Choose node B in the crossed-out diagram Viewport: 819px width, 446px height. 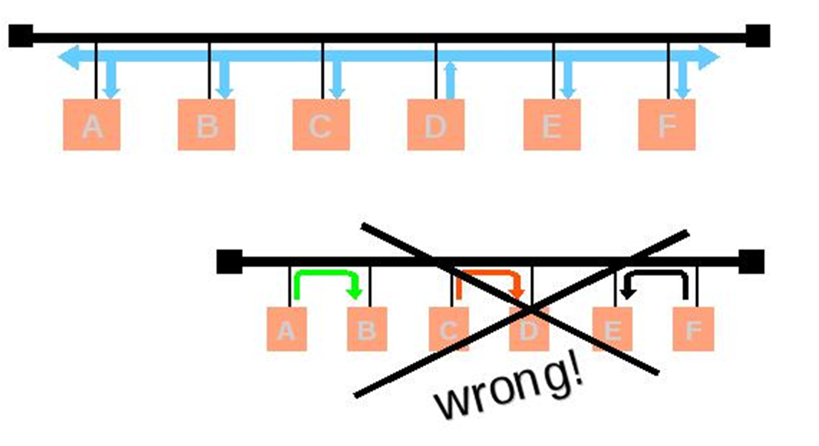click(367, 329)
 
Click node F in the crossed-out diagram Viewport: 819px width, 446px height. click(693, 329)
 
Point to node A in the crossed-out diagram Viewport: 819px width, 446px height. click(287, 329)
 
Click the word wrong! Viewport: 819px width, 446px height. click(509, 390)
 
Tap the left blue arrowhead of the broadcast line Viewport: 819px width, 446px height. click(69, 57)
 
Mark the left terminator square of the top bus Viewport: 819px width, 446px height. click(21, 36)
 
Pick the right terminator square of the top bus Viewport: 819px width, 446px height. click(758, 36)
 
